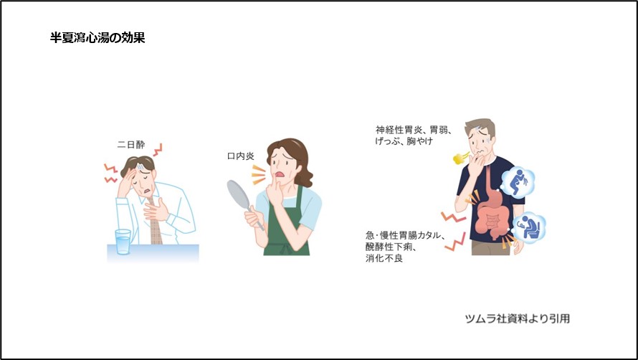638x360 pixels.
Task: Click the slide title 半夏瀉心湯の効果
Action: click(97, 38)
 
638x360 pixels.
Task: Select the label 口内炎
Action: click(240, 156)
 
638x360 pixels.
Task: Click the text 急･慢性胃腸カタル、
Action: click(406, 235)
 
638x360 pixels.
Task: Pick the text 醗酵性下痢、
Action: click(389, 247)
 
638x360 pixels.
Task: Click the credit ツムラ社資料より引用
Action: click(517, 318)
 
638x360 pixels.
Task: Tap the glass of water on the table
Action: click(123, 242)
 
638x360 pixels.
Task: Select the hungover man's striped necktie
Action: click(155, 228)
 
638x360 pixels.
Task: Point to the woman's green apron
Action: click(287, 229)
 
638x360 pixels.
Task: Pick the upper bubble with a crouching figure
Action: click(518, 183)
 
